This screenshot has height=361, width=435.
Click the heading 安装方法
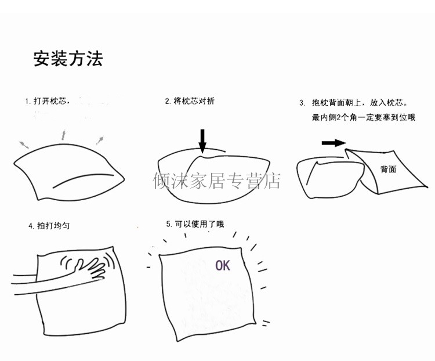point(68,60)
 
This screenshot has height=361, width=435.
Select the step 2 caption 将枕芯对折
point(190,101)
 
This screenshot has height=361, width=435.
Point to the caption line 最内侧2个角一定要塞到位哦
point(364,118)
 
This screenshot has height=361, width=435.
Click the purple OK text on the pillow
point(223,266)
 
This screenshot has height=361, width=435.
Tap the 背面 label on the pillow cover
point(388,169)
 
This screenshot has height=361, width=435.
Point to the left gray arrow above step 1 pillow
point(23,143)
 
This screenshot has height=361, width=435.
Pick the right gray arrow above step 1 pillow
point(100,139)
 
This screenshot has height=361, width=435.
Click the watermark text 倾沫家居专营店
point(216,181)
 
